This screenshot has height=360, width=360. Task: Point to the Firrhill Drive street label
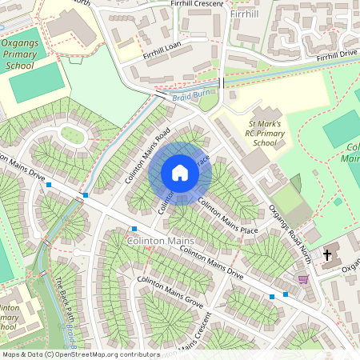pyautogui.click(x=336, y=57)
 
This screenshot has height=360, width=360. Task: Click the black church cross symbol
pyautogui.click(x=326, y=255)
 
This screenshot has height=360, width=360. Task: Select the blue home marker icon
pyautogui.click(x=180, y=172)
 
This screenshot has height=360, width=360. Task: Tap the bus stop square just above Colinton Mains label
pyautogui.click(x=134, y=229)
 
